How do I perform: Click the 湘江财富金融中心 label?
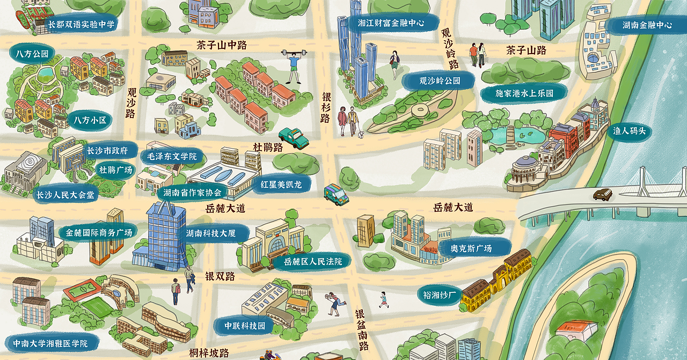391,23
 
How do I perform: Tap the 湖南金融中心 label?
647,25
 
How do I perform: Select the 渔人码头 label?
628,131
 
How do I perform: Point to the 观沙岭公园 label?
440,81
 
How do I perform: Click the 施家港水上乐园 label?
524,93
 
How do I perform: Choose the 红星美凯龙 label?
281,184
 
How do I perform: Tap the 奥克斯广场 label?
471,248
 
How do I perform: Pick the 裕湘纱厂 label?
440,295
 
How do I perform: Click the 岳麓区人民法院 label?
313,261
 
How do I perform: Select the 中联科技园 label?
245,326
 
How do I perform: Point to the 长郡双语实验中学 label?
82,25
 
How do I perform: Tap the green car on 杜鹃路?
294,138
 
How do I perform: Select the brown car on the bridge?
602,194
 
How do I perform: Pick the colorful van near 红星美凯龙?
336,194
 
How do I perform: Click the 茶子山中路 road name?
222,45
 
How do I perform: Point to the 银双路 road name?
220,276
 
